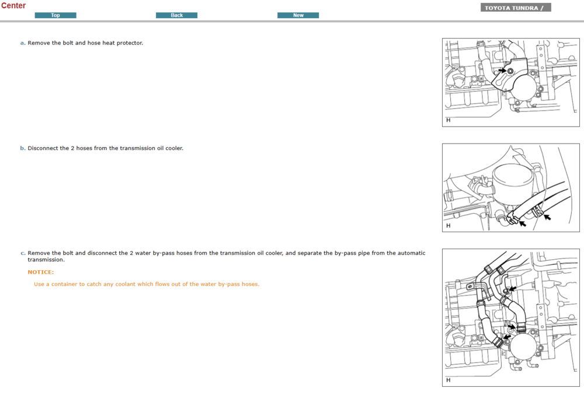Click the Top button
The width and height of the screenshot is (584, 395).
pos(55,15)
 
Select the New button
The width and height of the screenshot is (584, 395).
pos(298,15)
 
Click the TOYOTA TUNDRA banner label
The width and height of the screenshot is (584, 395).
pos(516,8)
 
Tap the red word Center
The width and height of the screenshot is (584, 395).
pos(13,6)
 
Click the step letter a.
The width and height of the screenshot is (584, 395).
pos(23,43)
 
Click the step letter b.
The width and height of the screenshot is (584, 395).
pos(23,148)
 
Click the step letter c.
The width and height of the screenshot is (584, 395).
pos(23,253)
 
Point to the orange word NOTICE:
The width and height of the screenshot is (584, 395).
pos(41,272)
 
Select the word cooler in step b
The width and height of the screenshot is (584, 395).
pos(174,148)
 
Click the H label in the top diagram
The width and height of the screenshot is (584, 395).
pos(449,120)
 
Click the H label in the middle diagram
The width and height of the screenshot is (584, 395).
pos(449,226)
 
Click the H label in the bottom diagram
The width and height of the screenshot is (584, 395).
pos(449,380)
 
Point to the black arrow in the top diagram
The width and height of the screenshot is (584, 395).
pos(502,70)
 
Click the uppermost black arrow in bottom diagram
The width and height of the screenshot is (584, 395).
pos(513,289)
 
